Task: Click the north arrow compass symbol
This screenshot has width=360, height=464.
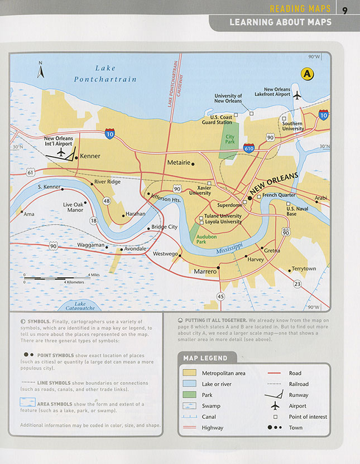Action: pyautogui.click(x=40, y=70)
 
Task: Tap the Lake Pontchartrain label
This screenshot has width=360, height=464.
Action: pyautogui.click(x=116, y=74)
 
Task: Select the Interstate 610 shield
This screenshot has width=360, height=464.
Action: pyautogui.click(x=249, y=148)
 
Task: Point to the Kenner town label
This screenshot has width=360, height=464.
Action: pyautogui.click(x=90, y=156)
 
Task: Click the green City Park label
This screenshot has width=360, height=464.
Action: pyautogui.click(x=230, y=139)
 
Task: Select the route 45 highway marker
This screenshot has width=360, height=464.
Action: pyautogui.click(x=220, y=297)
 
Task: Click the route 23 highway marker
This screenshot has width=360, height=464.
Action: pyautogui.click(x=297, y=284)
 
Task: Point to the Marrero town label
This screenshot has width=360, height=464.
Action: pyautogui.click(x=204, y=271)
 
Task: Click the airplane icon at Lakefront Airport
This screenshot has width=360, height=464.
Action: pyautogui.click(x=296, y=95)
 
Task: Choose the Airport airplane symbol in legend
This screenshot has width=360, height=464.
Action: pyautogui.click(x=275, y=406)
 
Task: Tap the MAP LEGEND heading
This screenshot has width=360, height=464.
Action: pyautogui.click(x=205, y=357)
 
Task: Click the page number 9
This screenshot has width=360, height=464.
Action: pyautogui.click(x=345, y=9)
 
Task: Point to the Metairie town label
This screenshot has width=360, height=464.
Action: pyautogui.click(x=179, y=163)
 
